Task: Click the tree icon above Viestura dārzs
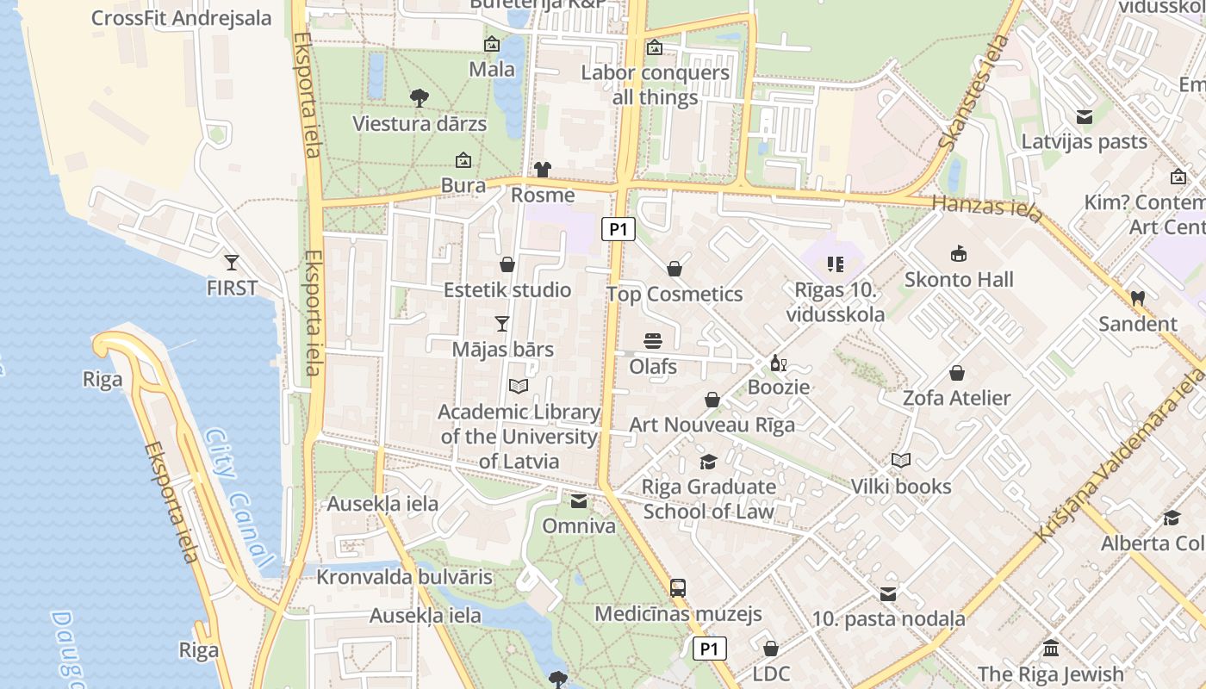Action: (x=420, y=98)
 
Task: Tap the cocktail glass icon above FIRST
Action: (x=231, y=262)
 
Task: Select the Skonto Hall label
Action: (x=959, y=280)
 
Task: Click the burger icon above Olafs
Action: (x=653, y=341)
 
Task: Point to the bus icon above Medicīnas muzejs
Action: (x=678, y=588)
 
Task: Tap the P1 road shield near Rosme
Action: (x=618, y=229)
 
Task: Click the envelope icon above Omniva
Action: (x=579, y=501)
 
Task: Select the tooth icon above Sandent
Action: (x=1137, y=298)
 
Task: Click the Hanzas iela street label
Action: (x=987, y=208)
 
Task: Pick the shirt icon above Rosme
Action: (x=542, y=169)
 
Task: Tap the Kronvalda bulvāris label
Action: (x=404, y=577)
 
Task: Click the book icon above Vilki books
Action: (x=901, y=461)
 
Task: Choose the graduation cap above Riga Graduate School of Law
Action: (x=708, y=462)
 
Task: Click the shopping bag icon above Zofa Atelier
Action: (x=956, y=373)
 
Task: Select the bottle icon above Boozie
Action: (x=778, y=363)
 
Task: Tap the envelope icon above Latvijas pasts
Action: (x=1084, y=116)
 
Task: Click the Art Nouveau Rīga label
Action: (x=712, y=425)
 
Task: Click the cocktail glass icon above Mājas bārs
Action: (x=502, y=324)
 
